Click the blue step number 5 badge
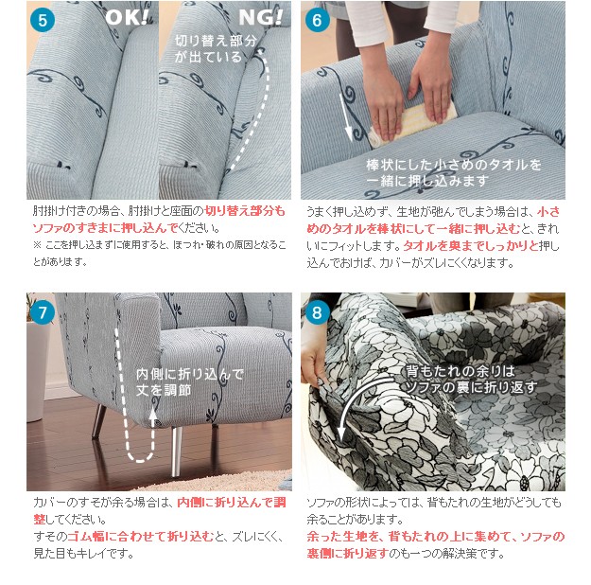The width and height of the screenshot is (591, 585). click(43, 20)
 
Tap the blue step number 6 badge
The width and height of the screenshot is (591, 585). click(317, 20)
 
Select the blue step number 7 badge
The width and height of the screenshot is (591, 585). click(43, 311)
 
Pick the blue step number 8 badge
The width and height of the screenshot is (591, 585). click(317, 311)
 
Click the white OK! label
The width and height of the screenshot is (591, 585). click(127, 17)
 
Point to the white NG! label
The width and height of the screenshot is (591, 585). click(260, 17)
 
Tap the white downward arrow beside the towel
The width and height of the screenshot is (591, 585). click(346, 117)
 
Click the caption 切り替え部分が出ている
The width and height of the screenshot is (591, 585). click(216, 48)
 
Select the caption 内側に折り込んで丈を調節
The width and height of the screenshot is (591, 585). click(190, 381)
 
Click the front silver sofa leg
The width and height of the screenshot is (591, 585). click(176, 451)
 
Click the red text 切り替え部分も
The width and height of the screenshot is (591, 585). click(245, 210)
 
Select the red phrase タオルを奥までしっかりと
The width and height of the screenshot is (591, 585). click(471, 246)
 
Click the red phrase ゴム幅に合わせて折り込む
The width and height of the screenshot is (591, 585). click(141, 537)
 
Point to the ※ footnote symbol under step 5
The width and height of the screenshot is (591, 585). click(37, 245)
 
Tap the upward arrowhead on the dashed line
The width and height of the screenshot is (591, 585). click(152, 414)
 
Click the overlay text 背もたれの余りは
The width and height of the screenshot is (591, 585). click(461, 371)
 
